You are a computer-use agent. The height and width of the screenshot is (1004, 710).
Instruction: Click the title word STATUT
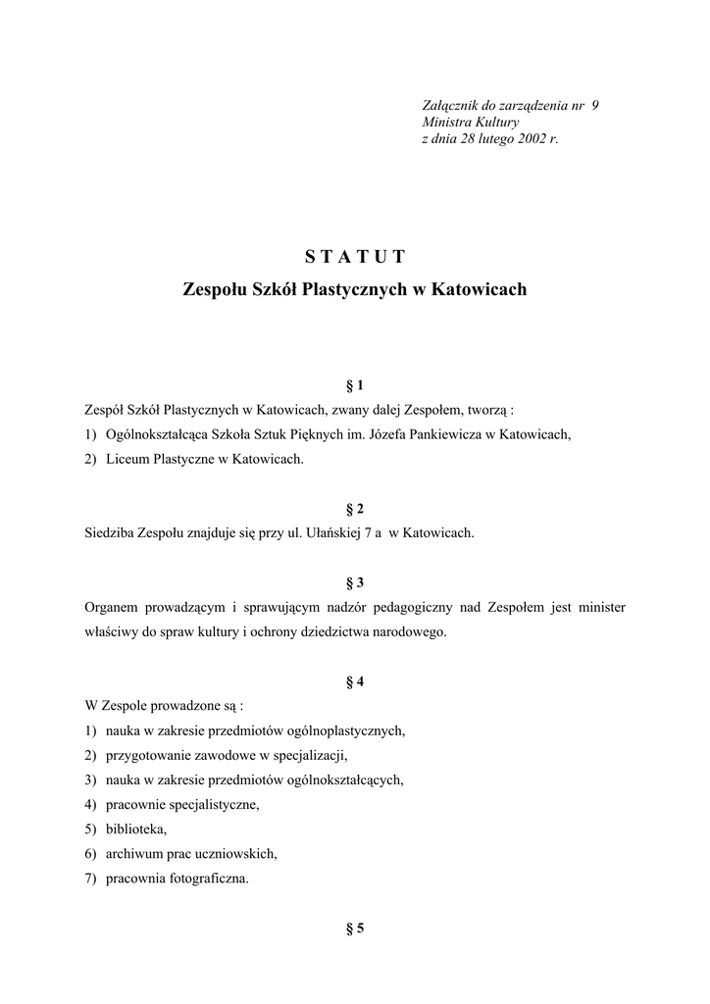(x=354, y=258)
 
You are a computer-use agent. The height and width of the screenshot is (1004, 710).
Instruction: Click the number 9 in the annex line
(x=595, y=106)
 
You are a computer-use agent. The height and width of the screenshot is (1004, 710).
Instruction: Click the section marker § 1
(x=355, y=385)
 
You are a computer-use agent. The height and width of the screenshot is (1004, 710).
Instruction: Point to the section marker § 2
(x=355, y=509)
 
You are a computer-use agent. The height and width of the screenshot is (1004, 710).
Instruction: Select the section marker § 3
(x=355, y=582)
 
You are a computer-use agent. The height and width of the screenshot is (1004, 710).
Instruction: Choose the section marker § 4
(x=355, y=681)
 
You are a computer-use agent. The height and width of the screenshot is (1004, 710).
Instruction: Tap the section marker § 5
(x=355, y=929)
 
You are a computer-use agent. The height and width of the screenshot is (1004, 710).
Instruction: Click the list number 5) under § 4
(x=91, y=829)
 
